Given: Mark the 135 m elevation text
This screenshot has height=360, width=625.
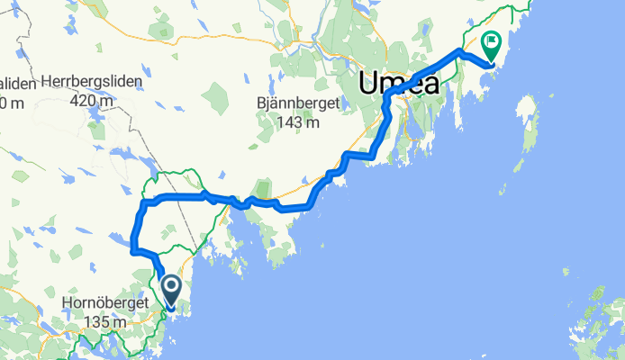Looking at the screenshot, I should coord(95,321).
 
